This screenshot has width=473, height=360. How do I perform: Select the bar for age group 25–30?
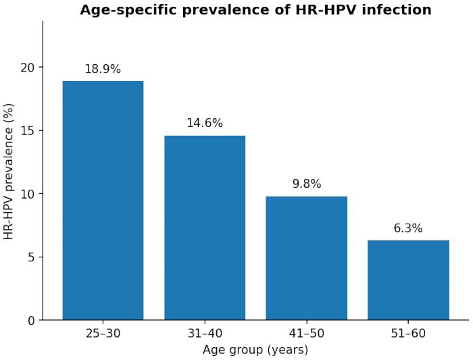(x=103, y=201)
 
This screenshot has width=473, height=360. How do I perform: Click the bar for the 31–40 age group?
(x=205, y=228)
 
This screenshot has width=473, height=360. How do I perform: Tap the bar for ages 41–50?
(x=307, y=258)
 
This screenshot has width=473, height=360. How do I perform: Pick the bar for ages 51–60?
(x=408, y=280)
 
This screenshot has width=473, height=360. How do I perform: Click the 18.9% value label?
(x=103, y=69)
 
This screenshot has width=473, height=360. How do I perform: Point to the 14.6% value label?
(x=205, y=123)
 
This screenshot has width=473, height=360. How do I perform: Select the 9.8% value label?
(x=307, y=184)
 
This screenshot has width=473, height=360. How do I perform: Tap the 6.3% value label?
(x=408, y=228)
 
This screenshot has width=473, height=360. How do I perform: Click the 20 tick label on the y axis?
(x=28, y=68)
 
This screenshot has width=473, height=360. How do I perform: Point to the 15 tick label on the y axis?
(x=28, y=131)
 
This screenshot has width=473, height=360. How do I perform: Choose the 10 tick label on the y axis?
(x=28, y=194)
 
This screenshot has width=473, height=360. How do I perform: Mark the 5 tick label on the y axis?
(x=31, y=257)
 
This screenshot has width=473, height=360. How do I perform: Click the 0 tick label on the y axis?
(x=31, y=321)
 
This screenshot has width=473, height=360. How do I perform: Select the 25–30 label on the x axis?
(x=103, y=333)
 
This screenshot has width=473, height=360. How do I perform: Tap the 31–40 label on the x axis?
(x=205, y=333)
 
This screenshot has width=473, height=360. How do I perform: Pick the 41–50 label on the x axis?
(x=307, y=333)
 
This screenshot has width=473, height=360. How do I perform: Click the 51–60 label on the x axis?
(x=408, y=333)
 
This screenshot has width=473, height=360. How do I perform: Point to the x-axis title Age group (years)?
(x=255, y=350)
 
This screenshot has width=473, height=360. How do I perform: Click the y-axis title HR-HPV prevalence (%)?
(x=9, y=172)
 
